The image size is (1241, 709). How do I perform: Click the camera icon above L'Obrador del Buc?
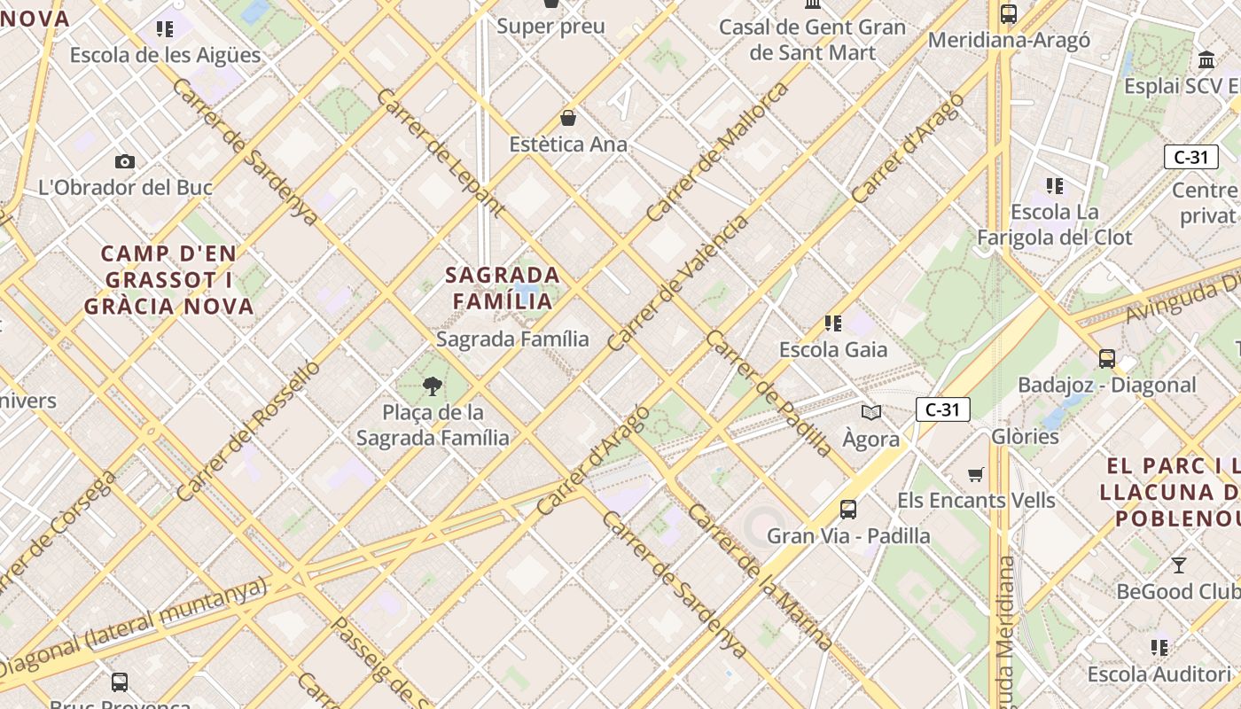[x=125, y=161]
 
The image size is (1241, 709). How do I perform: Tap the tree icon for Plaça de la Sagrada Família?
[x=433, y=386]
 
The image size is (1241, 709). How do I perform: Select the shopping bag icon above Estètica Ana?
[x=568, y=118]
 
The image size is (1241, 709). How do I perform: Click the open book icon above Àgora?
[x=871, y=412]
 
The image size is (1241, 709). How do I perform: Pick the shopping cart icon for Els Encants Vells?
[x=976, y=474]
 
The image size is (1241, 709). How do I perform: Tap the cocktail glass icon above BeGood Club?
[x=1179, y=565]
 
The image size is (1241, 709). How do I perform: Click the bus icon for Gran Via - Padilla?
[x=848, y=510]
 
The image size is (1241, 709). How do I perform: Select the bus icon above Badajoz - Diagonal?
[x=1107, y=359]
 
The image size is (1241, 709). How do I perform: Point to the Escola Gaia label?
[x=832, y=350]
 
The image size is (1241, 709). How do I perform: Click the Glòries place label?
[x=1025, y=436]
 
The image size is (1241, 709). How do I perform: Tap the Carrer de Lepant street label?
[x=441, y=152]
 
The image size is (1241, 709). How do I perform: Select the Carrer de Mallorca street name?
[x=717, y=152]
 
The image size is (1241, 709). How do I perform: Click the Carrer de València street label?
[x=678, y=283]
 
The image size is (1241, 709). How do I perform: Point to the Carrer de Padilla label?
[x=769, y=393]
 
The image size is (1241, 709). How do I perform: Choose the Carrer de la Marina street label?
[x=760, y=577]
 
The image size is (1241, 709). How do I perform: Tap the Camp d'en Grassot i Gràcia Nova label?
[x=169, y=280]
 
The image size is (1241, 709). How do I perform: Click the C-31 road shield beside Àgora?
[x=942, y=409]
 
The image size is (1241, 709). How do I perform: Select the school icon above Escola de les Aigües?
[x=165, y=29]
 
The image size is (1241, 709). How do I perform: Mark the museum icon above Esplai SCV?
[x=1206, y=60]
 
